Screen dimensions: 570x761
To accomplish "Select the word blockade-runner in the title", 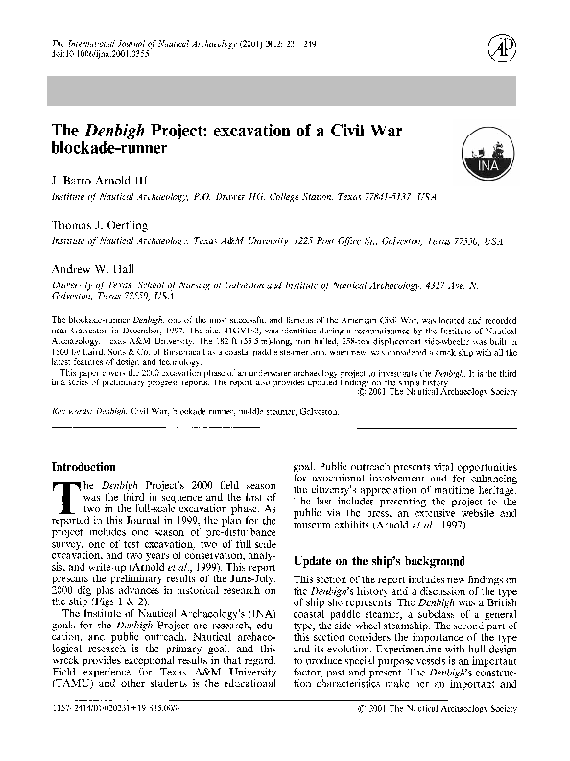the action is click(108, 149).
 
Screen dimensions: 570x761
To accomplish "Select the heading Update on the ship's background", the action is click(366, 560).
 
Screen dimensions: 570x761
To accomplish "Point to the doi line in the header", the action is click(94, 56).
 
